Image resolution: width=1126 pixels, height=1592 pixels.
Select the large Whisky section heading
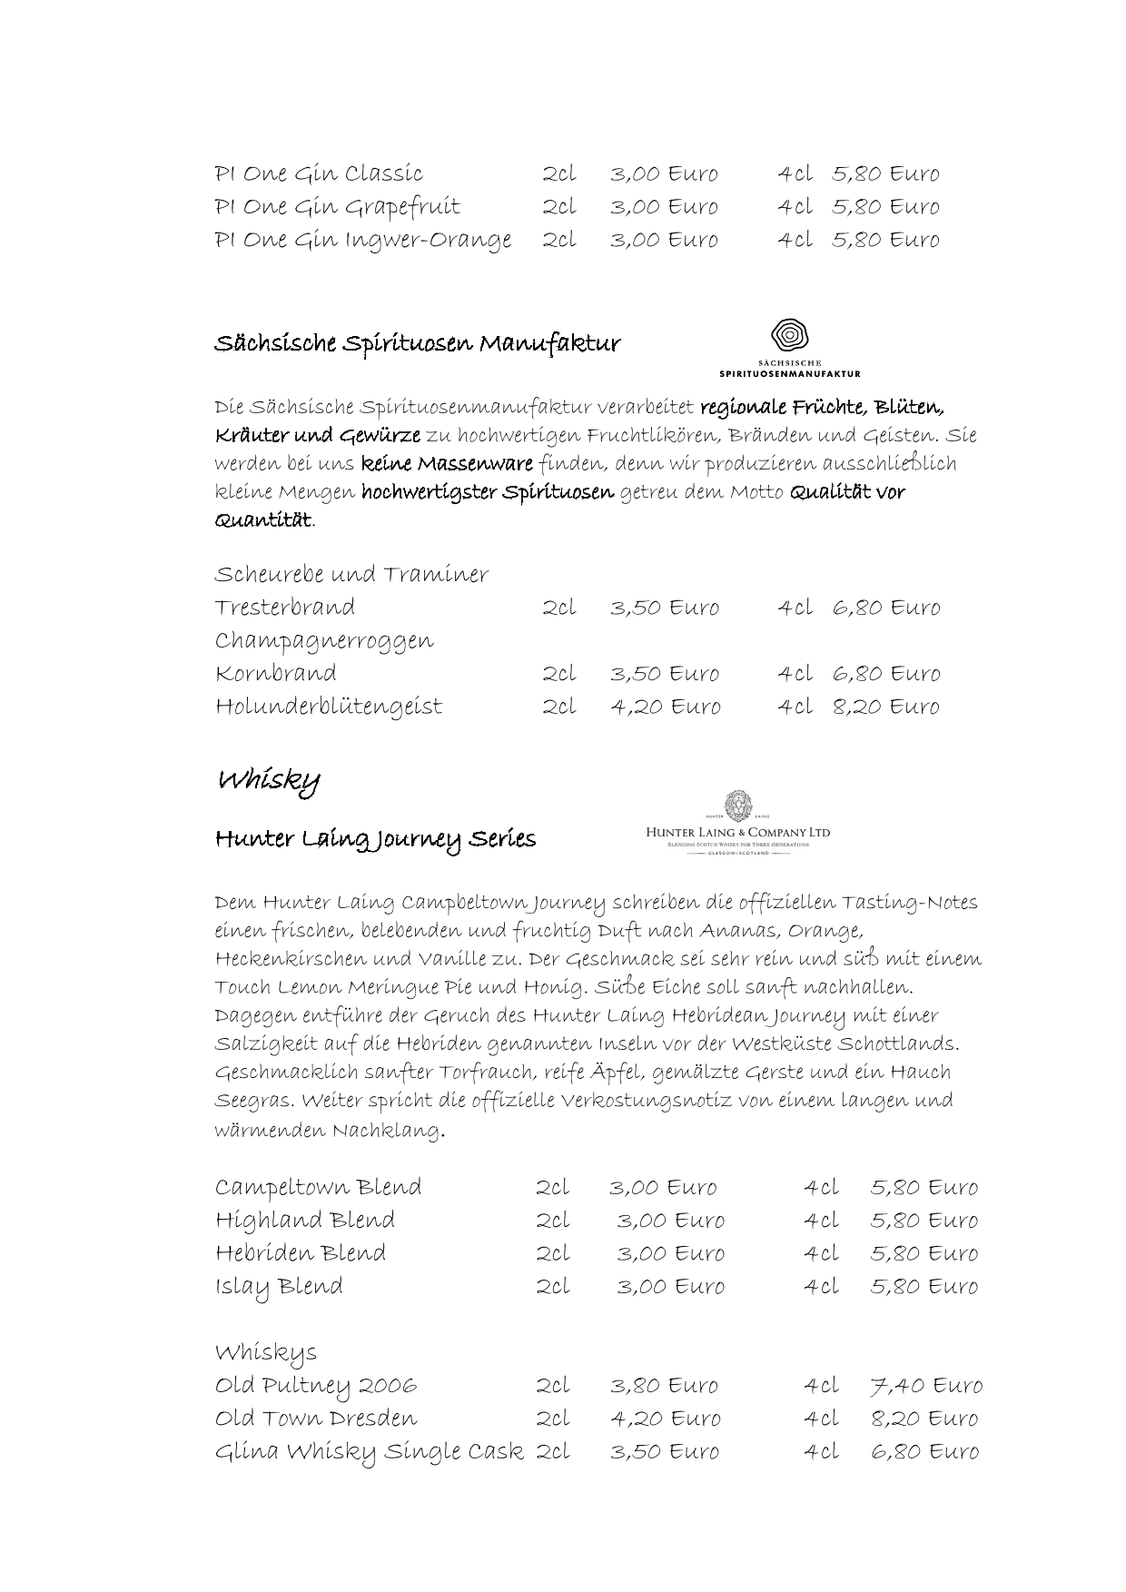(x=268, y=780)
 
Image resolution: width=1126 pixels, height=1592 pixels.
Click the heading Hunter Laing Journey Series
(x=375, y=839)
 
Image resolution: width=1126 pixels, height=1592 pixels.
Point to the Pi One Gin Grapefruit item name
(x=337, y=207)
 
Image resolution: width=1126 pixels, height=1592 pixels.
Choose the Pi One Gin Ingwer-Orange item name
(x=362, y=241)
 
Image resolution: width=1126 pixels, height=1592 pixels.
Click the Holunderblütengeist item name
(x=328, y=707)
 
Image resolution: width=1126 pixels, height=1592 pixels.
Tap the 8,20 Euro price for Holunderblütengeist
(x=886, y=707)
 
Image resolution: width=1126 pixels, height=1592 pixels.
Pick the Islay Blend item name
(x=279, y=1287)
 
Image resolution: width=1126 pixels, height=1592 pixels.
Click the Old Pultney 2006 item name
(x=316, y=1386)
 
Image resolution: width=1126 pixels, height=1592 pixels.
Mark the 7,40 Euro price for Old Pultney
(x=925, y=1386)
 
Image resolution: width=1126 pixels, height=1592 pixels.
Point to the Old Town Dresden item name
(x=316, y=1419)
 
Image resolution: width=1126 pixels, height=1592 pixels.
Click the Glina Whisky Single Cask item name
(x=369, y=1452)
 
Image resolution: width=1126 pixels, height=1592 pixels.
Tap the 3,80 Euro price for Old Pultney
(x=664, y=1386)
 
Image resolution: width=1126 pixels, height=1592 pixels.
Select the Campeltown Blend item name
(x=318, y=1188)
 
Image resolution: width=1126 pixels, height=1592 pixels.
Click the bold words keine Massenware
(x=447, y=464)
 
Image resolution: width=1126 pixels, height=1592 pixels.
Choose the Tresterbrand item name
(x=284, y=608)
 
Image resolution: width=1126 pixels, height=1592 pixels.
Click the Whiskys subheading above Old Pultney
(x=265, y=1353)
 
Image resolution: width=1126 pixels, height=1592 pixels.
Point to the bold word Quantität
(x=262, y=520)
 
